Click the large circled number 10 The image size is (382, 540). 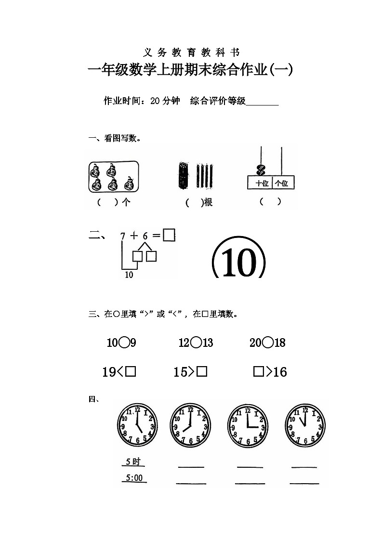[238, 263]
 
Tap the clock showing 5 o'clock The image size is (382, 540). [137, 424]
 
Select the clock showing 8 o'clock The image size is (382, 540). [190, 424]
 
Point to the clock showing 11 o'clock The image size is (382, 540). [305, 424]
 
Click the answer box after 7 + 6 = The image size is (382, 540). [169, 235]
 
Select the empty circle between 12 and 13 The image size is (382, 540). [196, 342]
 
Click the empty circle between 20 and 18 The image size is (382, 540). [268, 342]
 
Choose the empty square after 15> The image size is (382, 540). [202, 371]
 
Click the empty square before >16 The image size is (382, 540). [259, 371]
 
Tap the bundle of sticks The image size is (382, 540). [183, 176]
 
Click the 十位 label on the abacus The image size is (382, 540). [261, 183]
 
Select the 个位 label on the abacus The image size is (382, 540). [282, 183]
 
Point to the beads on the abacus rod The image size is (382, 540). [261, 170]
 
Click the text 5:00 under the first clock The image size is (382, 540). [134, 478]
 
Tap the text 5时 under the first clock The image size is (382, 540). [132, 462]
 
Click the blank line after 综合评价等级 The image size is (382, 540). [263, 102]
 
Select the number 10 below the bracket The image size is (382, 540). [129, 275]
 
